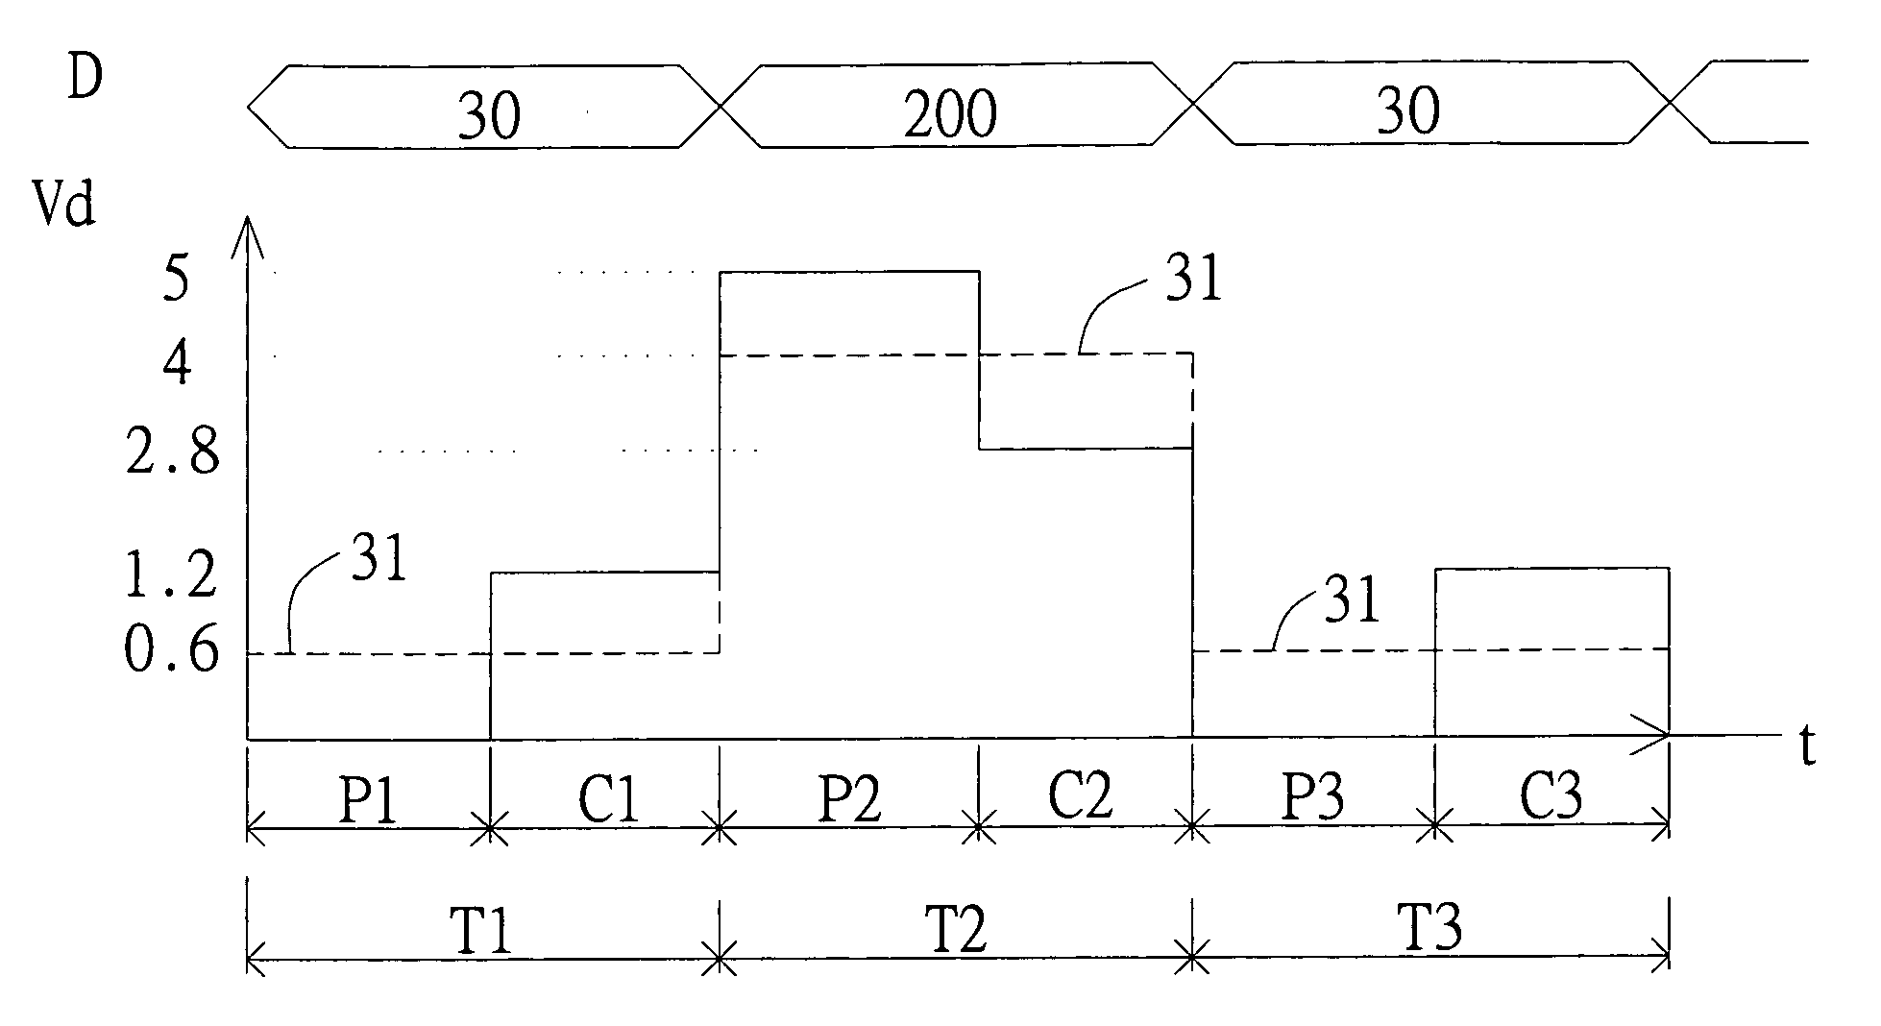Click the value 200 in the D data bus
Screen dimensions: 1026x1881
coord(950,114)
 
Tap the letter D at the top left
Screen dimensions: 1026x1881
coord(85,79)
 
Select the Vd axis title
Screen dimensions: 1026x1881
coord(64,205)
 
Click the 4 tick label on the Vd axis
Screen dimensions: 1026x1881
coord(175,364)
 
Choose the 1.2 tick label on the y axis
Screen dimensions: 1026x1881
coord(172,577)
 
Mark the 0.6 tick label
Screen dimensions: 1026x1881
coord(172,653)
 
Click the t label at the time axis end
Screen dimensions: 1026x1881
coord(1807,746)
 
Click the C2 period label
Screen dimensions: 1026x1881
coord(1080,795)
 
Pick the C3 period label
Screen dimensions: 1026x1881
coord(1551,795)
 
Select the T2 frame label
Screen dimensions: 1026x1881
coord(956,929)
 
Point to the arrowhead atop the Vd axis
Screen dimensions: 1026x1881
coord(248,231)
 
